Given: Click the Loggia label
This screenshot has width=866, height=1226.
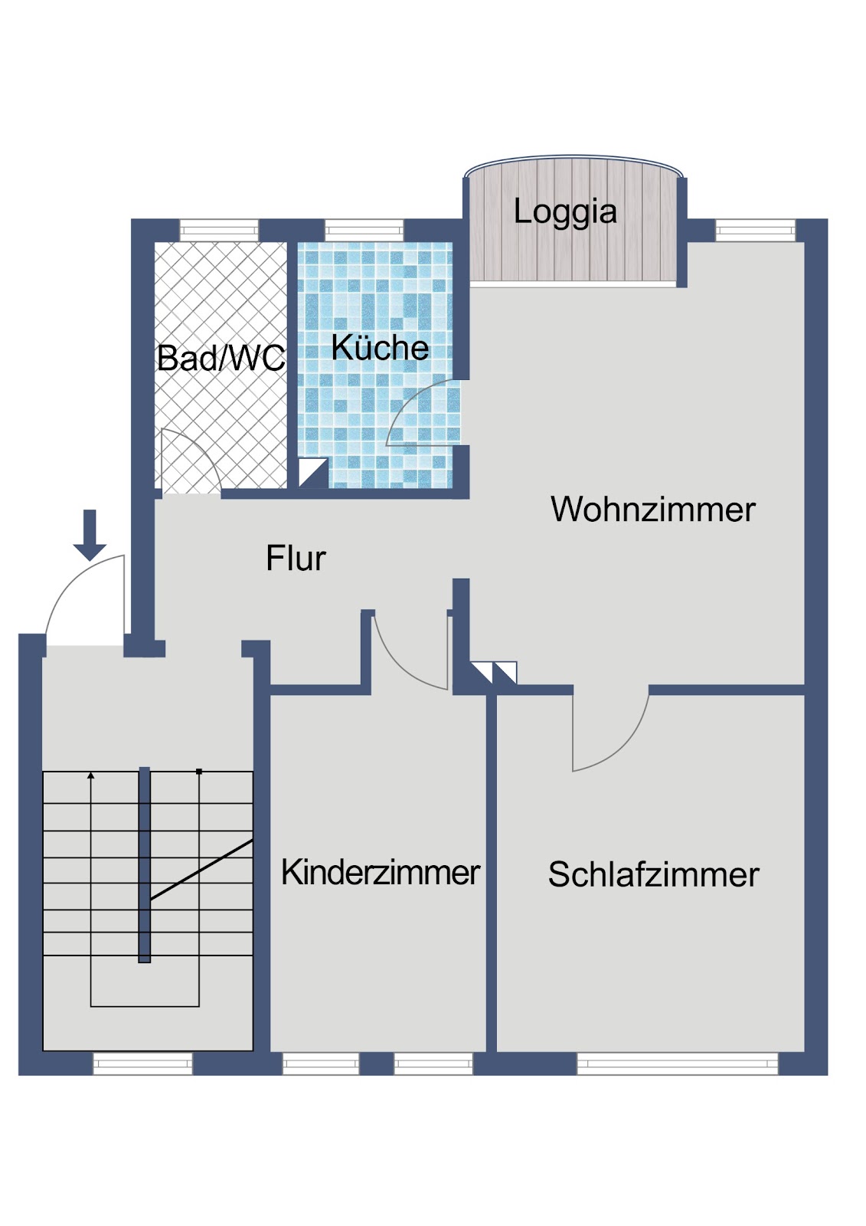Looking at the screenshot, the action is [565, 212].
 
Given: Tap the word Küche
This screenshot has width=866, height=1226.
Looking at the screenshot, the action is [381, 347].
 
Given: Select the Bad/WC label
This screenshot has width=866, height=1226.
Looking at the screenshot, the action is [221, 359].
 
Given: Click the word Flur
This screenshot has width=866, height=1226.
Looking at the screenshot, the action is [296, 559].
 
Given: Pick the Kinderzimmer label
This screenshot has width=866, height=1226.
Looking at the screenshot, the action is [381, 873].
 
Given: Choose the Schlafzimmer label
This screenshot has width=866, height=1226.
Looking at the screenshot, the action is [654, 874].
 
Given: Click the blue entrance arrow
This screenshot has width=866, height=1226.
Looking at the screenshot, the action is [90, 536].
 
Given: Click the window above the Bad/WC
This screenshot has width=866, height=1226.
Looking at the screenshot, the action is [219, 231].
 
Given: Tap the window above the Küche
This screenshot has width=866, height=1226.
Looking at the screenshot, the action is [364, 231].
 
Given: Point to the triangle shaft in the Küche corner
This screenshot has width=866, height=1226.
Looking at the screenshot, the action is [312, 473].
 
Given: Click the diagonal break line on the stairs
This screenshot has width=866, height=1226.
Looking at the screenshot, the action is [201, 870].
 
